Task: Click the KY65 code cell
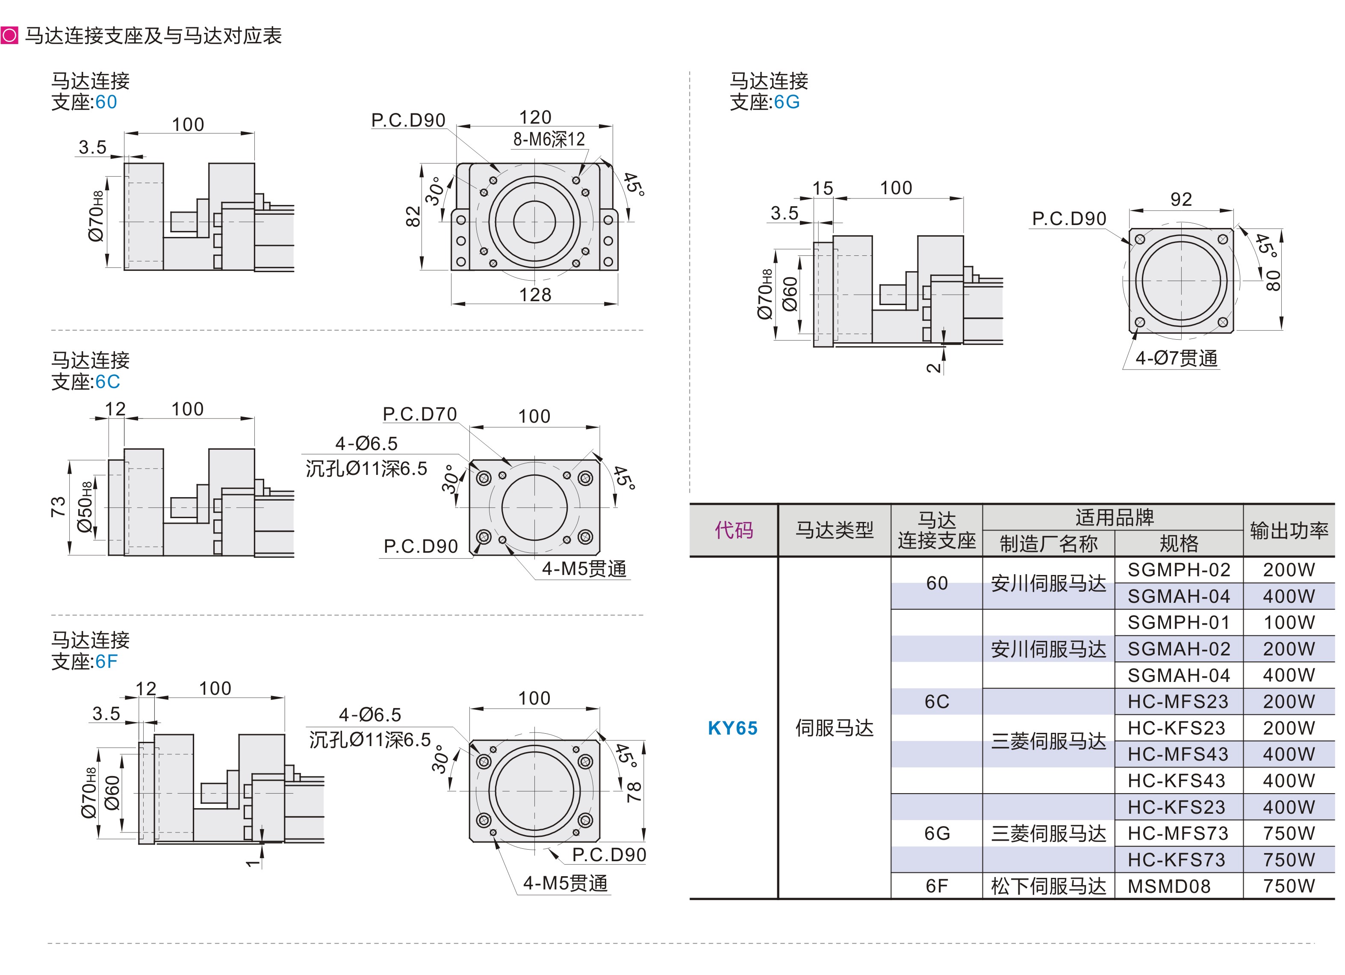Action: (732, 728)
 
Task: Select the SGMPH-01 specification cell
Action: (1178, 622)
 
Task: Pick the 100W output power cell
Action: (1289, 622)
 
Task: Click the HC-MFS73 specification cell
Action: (1178, 833)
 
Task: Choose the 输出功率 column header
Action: (1289, 530)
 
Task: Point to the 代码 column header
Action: (734, 530)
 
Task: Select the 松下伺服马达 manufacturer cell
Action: (1048, 886)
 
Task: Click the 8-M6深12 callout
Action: (549, 139)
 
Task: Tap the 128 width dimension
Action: (535, 294)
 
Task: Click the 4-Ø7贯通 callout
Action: (1176, 359)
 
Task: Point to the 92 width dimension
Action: (1181, 199)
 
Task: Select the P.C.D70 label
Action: (420, 414)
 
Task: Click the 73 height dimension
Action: (58, 507)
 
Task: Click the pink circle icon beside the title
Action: (9, 36)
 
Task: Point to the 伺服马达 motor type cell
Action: (835, 728)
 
